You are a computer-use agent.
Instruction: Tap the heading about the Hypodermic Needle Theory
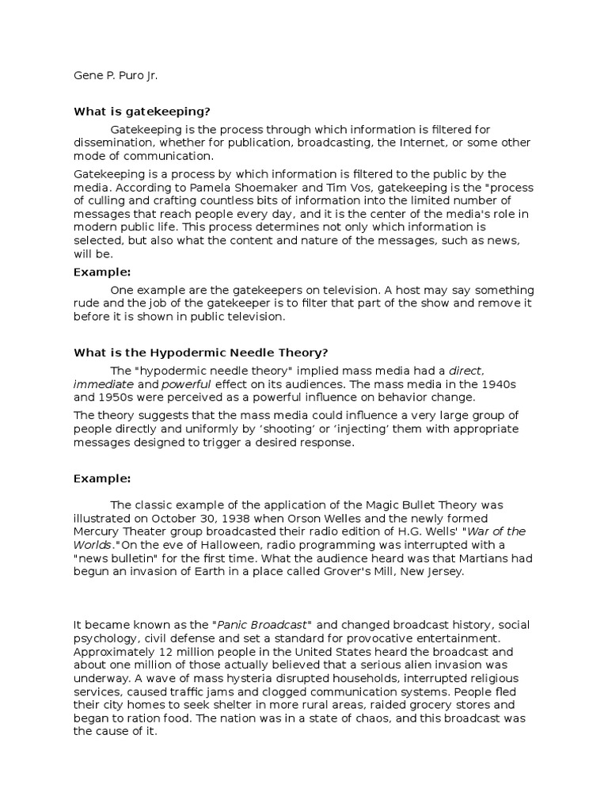(200, 352)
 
